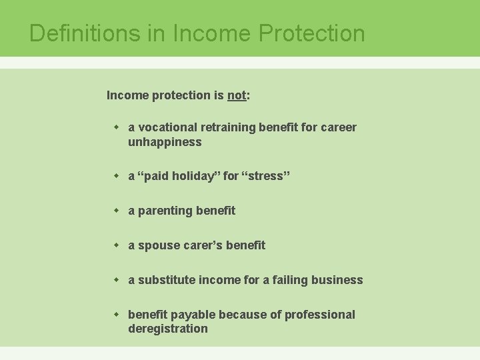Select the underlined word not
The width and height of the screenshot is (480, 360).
point(237,95)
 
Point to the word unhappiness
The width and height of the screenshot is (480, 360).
point(165,142)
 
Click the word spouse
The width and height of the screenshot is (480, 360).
point(158,245)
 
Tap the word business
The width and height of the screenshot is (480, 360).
point(338,280)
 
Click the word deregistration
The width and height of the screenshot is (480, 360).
point(168,329)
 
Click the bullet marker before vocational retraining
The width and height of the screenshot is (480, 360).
point(116,127)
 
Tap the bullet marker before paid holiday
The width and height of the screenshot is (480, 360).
point(116,175)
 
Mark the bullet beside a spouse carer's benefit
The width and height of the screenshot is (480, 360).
point(116,245)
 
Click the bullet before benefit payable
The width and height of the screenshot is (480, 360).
point(116,314)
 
